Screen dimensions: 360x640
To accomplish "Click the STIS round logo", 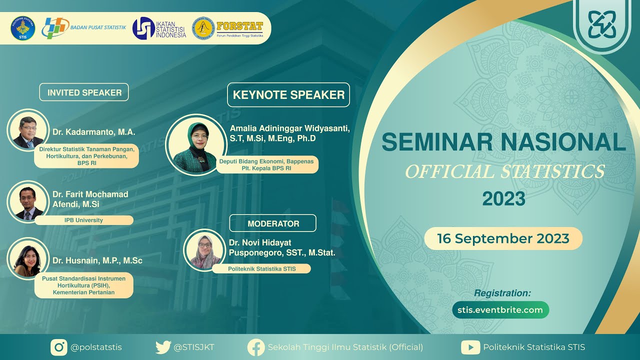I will click(22, 28).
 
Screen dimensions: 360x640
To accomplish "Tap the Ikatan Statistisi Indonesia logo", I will click(143, 28).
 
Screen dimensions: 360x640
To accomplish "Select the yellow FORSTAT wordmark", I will click(240, 26).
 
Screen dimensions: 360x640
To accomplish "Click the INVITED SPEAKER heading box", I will click(84, 92).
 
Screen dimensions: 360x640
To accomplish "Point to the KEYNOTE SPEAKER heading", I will click(288, 95).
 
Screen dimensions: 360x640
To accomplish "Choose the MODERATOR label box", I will click(273, 223).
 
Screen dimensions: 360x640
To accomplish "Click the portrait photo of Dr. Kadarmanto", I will click(28, 130).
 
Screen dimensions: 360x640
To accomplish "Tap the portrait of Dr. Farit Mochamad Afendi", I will click(28, 201).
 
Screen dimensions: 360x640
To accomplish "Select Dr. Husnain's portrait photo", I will click(28, 258).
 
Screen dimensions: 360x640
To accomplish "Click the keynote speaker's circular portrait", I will click(195, 145).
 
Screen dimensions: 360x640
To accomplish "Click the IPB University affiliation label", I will click(83, 220).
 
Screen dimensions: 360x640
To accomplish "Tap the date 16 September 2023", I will click(503, 238).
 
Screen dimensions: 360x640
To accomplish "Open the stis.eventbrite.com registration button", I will click(500, 310).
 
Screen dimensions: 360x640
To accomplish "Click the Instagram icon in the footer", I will click(59, 347).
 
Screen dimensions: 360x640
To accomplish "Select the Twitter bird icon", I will click(163, 347).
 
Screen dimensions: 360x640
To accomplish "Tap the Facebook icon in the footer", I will click(256, 347).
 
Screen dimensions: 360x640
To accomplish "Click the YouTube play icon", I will click(470, 347).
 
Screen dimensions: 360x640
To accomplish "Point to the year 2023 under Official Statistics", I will click(503, 199).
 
